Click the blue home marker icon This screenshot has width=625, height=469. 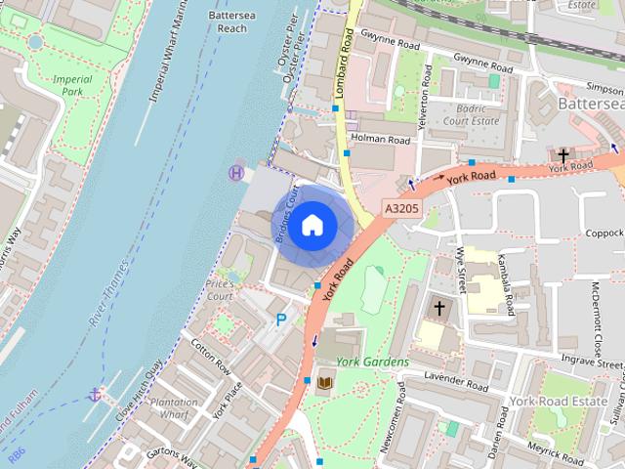pos(312,225)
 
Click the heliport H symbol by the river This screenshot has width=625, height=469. pos(235,173)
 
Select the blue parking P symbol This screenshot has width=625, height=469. pos(282,320)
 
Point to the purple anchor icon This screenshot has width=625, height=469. pos(95,395)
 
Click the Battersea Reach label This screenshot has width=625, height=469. pos(228,22)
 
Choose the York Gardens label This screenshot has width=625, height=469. pos(372,362)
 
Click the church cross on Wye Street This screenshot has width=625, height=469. pos(439,309)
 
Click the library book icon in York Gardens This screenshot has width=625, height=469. pos(324,381)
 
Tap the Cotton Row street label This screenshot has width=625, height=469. pos(210,359)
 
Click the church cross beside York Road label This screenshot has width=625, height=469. pos(562,155)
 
